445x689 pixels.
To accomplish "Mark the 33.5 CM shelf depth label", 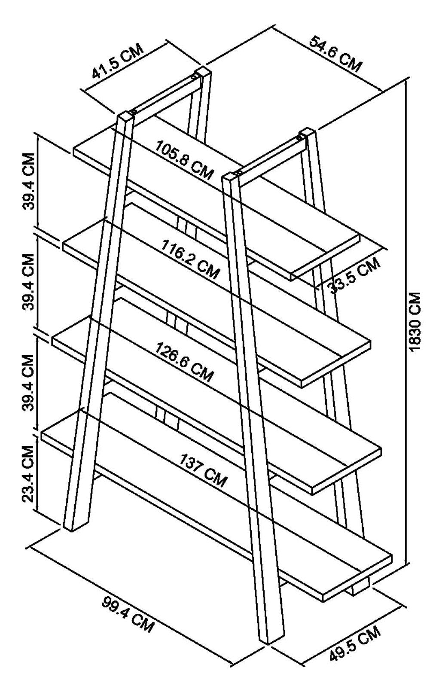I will tap(355, 275).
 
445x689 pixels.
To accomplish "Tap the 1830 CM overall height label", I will tap(415, 322).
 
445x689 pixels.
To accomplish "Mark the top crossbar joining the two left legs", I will tap(163, 95).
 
